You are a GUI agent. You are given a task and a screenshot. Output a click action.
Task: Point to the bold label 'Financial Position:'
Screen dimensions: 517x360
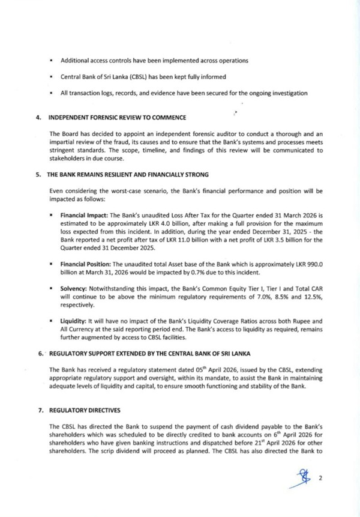pos(86,264)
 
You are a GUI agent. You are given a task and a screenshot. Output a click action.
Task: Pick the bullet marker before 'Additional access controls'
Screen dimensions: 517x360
pos(52,61)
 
